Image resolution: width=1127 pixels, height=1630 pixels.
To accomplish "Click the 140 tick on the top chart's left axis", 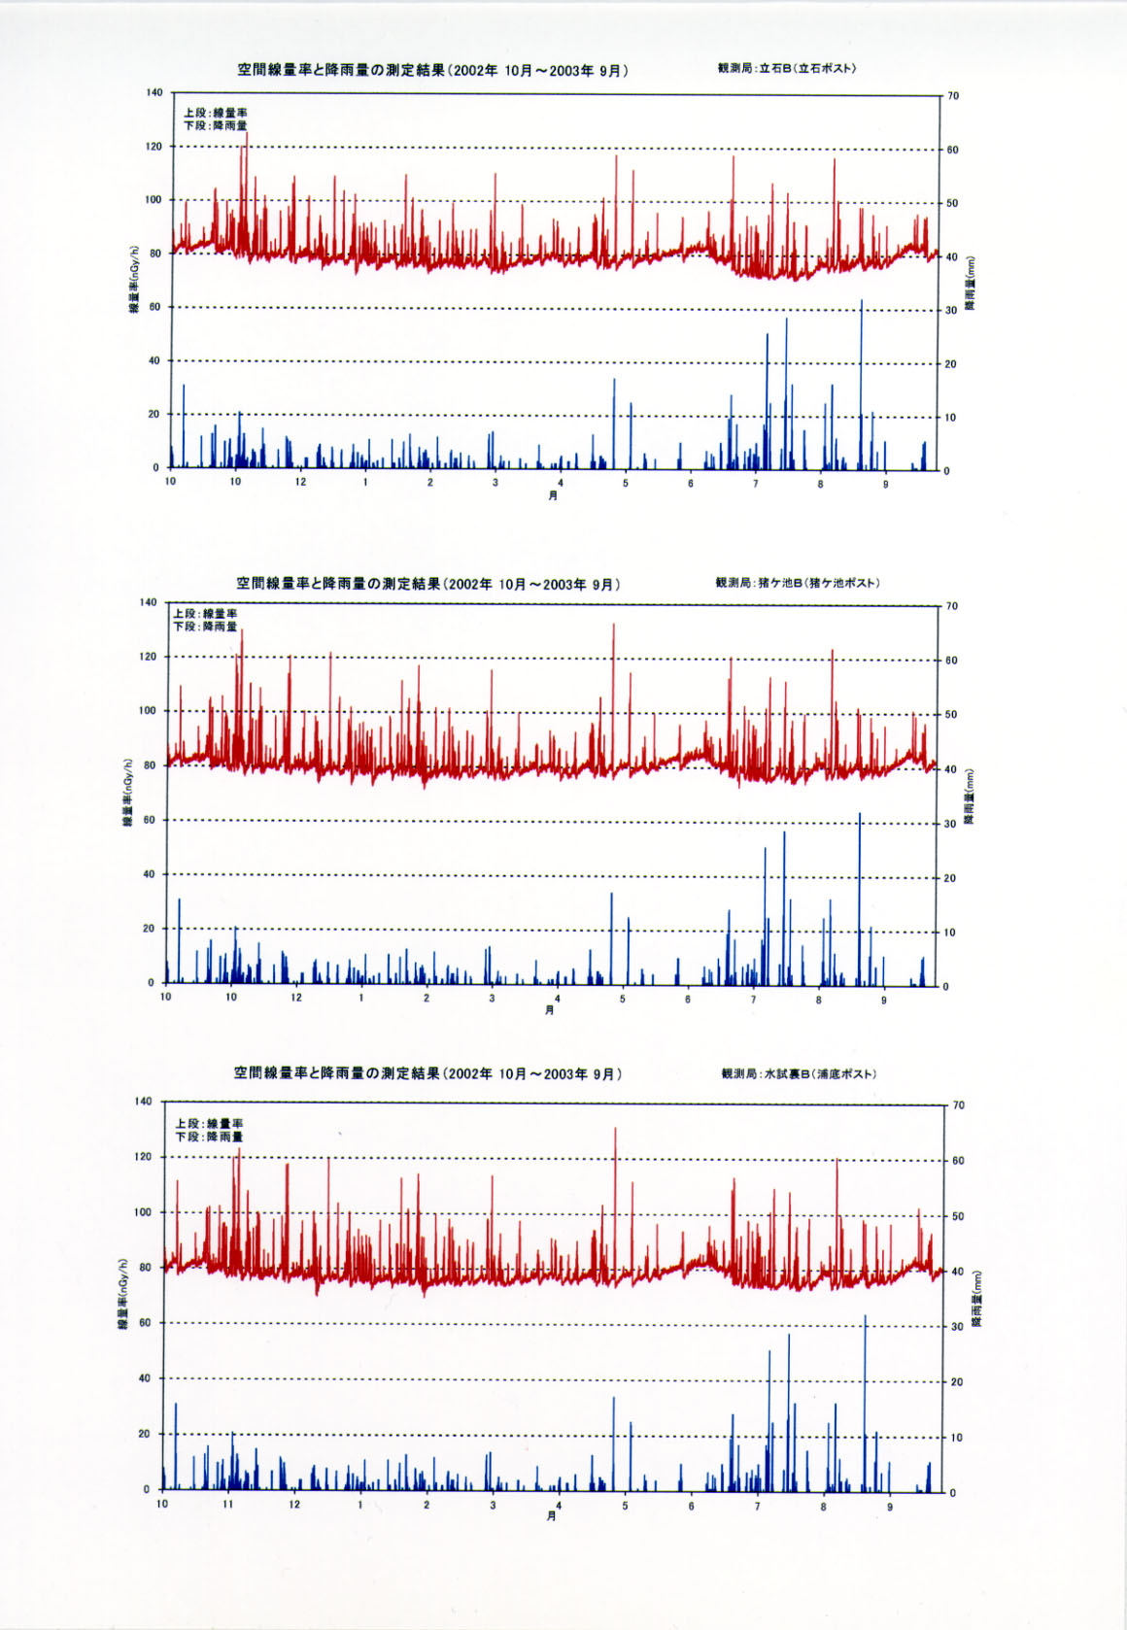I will pyautogui.click(x=154, y=92).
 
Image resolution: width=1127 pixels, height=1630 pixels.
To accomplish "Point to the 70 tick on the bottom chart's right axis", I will pyautogui.click(x=958, y=1105).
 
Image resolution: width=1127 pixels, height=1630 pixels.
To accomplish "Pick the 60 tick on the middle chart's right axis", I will pyautogui.click(x=952, y=661).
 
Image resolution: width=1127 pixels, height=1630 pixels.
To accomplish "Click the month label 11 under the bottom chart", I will pyautogui.click(x=228, y=1504).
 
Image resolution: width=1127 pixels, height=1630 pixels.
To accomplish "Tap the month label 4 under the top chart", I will pyautogui.click(x=561, y=483).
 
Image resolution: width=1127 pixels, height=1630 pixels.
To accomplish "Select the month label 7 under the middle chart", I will pyautogui.click(x=753, y=999).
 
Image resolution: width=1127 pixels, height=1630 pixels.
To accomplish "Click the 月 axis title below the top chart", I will pyautogui.click(x=553, y=495).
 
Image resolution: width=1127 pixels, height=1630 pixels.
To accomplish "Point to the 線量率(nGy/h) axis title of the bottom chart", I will pyautogui.click(x=123, y=1294).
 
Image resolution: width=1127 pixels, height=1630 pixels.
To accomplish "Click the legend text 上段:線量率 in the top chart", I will pyautogui.click(x=216, y=113).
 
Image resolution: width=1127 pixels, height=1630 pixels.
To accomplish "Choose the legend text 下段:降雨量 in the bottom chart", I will pyautogui.click(x=209, y=1137).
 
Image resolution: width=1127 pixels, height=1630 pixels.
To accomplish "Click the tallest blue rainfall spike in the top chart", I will pyautogui.click(x=861, y=303).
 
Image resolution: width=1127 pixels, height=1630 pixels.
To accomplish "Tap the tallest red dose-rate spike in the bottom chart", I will pyautogui.click(x=615, y=1130).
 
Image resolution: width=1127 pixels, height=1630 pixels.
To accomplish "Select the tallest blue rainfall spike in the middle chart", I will pyautogui.click(x=859, y=816).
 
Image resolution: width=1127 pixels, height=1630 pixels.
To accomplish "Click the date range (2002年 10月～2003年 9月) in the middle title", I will pyautogui.click(x=532, y=584).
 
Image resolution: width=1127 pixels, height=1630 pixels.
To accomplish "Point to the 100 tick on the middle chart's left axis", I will pyautogui.click(x=147, y=710).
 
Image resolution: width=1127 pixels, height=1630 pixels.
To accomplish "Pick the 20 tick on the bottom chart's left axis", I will pyautogui.click(x=144, y=1434).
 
